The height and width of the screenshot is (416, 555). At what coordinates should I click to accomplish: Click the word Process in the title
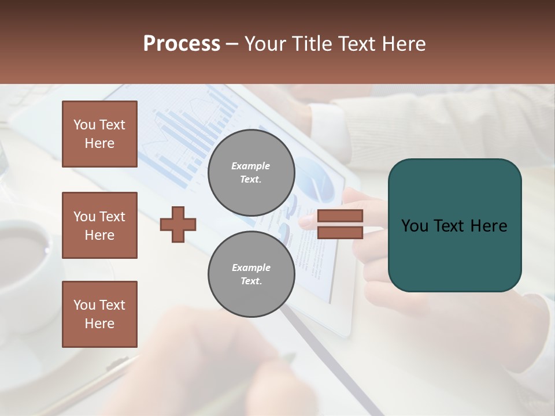182,44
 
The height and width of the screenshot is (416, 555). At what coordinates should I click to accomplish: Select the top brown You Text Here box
99,134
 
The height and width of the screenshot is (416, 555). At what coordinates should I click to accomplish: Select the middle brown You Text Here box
99,225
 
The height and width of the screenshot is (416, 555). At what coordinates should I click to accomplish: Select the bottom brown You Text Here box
99,314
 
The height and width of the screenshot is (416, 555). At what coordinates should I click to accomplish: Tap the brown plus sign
178,224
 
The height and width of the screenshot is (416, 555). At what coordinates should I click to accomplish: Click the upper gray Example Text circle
251,172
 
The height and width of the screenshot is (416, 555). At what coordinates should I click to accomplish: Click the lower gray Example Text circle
251,274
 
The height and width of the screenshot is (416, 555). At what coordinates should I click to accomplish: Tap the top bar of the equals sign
340,216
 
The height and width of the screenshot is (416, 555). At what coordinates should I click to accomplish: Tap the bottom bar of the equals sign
340,233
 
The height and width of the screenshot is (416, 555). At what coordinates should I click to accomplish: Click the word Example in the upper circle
251,166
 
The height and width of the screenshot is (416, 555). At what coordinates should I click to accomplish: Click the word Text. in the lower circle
251,281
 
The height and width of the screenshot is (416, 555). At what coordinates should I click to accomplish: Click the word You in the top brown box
84,125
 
